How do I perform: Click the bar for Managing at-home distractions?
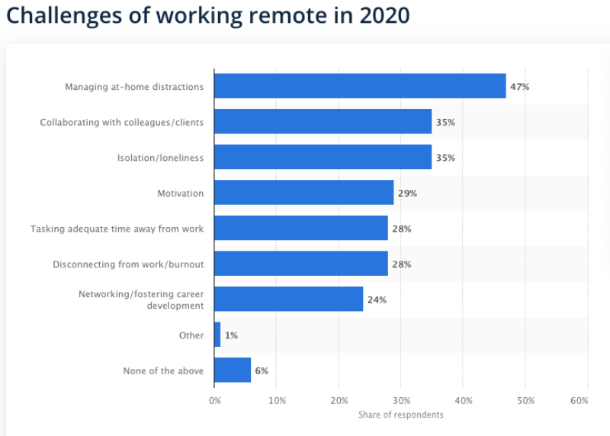360,86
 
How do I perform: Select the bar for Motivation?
303,193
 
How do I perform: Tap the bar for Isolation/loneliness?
323,157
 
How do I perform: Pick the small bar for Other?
217,335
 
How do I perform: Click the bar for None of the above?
233,370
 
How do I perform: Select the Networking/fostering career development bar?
288,300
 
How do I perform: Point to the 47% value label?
519,87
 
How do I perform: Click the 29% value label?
407,194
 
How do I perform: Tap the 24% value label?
377,300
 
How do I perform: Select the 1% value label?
231,335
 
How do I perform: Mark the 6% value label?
262,371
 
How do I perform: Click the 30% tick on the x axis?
401,400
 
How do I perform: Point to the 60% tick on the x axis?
579,400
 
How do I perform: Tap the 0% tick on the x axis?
215,400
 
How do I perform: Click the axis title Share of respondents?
400,415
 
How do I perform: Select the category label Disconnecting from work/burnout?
128,264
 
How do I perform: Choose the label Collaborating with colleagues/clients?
122,122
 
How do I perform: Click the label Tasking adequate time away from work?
117,229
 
